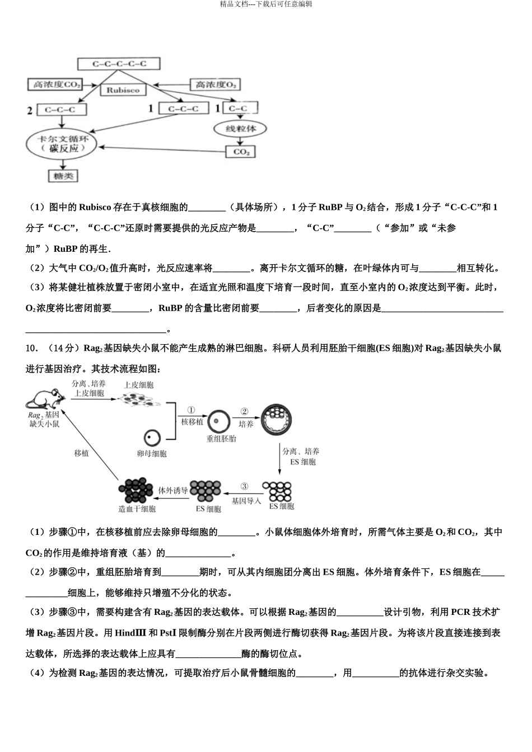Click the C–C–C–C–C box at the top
coord(119,64)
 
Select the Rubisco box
coord(123,90)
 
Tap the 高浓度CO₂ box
coord(55,84)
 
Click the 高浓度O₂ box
coord(215,84)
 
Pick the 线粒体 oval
coord(241,129)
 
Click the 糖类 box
coord(62,176)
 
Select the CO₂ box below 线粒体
coord(241,152)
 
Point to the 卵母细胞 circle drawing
coord(152,438)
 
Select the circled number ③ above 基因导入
coord(244,486)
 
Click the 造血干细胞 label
coord(137,509)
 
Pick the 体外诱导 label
coord(173,490)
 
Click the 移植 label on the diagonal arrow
coord(81,453)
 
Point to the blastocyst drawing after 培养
coord(277,419)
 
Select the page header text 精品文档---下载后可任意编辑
coord(266,4)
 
